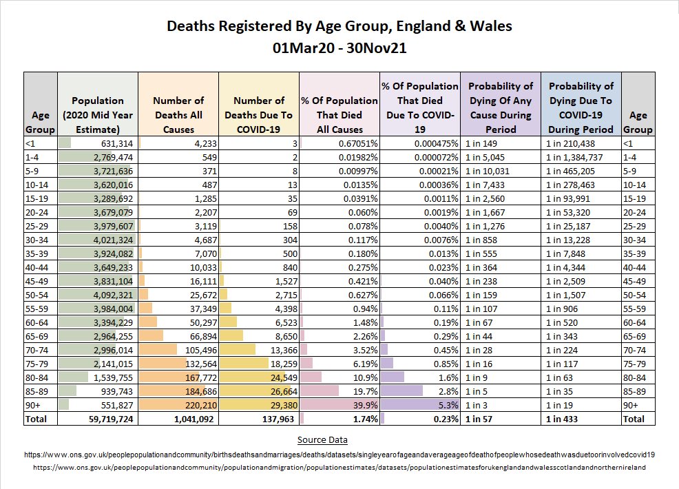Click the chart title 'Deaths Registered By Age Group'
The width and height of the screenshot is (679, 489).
tap(339, 27)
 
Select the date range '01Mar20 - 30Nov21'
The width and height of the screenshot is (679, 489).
tap(339, 50)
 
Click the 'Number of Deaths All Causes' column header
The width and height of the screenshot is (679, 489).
tap(178, 114)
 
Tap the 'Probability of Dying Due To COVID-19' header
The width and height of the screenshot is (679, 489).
tap(581, 107)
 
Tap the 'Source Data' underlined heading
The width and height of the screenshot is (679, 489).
tap(322, 439)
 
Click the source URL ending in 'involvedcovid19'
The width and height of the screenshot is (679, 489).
tap(339, 455)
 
